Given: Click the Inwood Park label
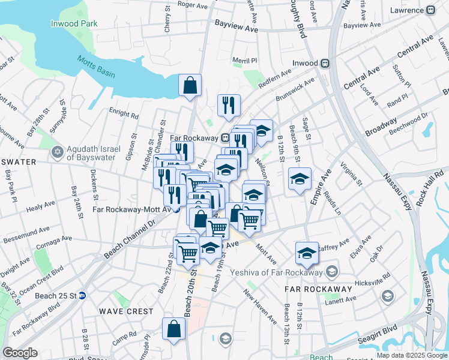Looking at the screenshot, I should tap(74, 23).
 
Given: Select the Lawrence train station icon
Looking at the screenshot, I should tap(430, 10).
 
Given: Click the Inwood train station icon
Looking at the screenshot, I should tap(325, 62).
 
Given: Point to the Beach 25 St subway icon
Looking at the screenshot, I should tap(83, 296).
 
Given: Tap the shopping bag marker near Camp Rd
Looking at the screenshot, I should tap(173, 329).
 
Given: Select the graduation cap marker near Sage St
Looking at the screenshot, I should tap(299, 178).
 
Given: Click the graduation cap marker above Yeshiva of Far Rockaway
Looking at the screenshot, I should tap(306, 253).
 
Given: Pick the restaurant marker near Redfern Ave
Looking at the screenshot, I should tap(228, 106).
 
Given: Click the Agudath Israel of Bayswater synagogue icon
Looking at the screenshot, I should tap(58, 152).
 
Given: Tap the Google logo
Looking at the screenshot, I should tap(19, 353).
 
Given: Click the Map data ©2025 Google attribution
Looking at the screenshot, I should tap(412, 355).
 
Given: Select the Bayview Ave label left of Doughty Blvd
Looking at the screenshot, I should tap(236, 29).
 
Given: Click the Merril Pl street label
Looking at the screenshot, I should tap(244, 61).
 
